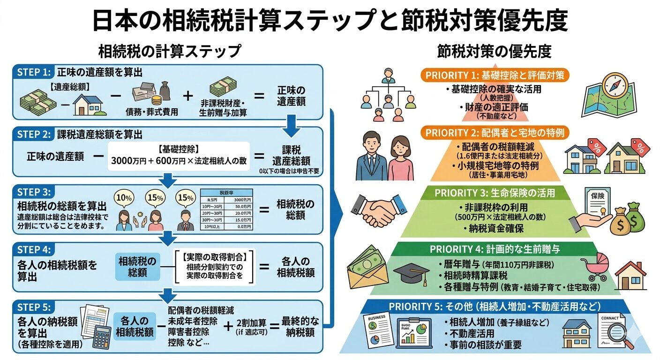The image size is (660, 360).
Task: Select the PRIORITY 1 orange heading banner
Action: (x=495, y=75)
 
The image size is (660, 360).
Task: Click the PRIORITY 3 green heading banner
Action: (x=495, y=193)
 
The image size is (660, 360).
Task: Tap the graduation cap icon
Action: (x=411, y=273)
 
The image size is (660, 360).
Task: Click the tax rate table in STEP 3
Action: (x=227, y=210)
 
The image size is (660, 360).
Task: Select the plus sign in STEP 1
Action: (x=187, y=96)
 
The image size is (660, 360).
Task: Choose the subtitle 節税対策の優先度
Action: (x=494, y=51)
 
